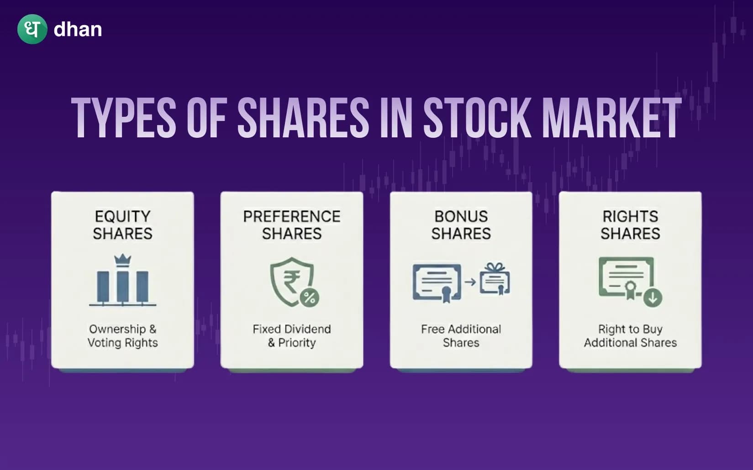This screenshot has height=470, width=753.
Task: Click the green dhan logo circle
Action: tap(32, 29)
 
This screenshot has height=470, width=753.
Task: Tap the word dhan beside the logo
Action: tap(78, 30)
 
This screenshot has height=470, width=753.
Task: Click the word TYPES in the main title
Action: tap(124, 118)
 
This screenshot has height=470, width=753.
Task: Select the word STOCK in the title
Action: tap(478, 118)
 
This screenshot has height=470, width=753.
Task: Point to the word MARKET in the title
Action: tap(611, 118)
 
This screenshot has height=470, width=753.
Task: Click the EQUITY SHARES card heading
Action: tap(122, 225)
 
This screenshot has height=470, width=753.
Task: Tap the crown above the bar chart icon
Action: tap(122, 260)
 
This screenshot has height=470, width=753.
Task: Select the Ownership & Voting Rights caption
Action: tap(122, 336)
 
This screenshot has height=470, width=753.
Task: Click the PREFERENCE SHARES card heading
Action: tap(292, 225)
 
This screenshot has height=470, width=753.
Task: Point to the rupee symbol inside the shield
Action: tap(291, 281)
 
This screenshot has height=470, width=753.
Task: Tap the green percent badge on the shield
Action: tap(310, 298)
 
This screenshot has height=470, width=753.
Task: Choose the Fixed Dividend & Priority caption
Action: tap(292, 336)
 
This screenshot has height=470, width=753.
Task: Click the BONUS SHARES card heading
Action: tap(461, 225)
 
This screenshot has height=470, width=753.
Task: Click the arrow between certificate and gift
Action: tap(470, 282)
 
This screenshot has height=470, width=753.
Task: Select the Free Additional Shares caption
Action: tap(461, 336)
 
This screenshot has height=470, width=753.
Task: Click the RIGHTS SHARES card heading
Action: tap(630, 225)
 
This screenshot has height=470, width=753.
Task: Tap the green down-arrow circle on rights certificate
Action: tap(653, 298)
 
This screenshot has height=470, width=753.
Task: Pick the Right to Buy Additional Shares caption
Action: tap(630, 336)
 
